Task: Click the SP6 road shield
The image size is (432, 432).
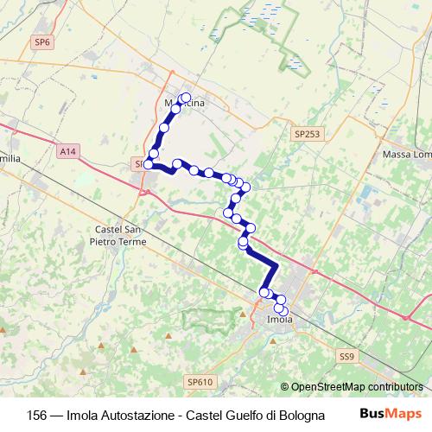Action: [41, 41]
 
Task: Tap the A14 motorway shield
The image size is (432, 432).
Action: [68, 151]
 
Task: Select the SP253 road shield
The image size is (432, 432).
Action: [306, 135]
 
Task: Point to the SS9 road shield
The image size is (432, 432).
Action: [346, 355]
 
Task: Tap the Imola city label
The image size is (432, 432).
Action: [280, 321]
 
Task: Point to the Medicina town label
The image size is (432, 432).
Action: [185, 105]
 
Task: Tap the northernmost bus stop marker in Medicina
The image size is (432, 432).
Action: [186, 97]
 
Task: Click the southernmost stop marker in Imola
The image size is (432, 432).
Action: [283, 309]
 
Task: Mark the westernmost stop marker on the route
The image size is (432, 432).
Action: [149, 164]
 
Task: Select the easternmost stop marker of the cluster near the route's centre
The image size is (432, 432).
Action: [246, 187]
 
